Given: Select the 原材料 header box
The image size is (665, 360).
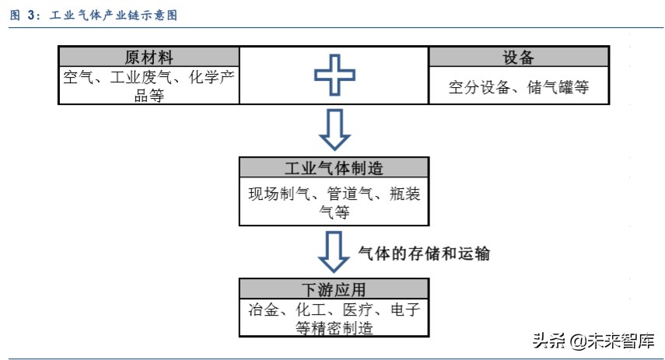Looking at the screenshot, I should (149, 58).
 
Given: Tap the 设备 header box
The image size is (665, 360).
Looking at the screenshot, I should (518, 58).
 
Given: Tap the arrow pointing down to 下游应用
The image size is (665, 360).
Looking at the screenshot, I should (334, 251).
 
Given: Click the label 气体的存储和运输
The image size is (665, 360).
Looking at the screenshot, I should (423, 253).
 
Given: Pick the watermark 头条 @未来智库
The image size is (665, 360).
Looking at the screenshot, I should (593, 341).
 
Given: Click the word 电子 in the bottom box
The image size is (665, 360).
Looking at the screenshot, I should (405, 310).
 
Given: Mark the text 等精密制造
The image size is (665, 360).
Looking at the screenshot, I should (334, 328).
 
